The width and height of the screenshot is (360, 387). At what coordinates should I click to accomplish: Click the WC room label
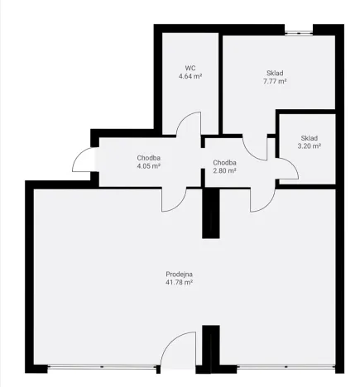point(190,67)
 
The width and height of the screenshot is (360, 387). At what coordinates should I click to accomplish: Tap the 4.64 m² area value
point(190,75)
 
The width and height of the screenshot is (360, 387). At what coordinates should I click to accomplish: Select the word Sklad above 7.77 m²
point(275,73)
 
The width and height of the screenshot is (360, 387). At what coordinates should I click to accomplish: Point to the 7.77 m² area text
point(275,81)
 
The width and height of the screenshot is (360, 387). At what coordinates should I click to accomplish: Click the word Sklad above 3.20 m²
point(310,138)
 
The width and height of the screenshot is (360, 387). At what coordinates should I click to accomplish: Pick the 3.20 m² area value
point(310,146)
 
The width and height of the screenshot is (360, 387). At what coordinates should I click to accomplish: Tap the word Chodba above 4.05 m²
point(148,157)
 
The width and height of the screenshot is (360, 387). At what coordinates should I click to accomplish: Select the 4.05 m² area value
point(148,165)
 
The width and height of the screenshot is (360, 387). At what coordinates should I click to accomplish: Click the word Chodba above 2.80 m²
point(224,163)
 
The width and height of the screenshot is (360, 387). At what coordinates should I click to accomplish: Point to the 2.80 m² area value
point(224,171)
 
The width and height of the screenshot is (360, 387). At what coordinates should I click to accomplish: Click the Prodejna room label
point(179,274)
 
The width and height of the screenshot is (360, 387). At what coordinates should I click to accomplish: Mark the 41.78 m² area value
point(179,282)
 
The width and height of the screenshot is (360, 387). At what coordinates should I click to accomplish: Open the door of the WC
point(190,124)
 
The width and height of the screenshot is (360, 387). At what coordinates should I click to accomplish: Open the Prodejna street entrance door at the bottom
point(178,351)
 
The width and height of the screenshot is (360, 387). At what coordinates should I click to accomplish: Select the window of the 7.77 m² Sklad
point(298,32)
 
